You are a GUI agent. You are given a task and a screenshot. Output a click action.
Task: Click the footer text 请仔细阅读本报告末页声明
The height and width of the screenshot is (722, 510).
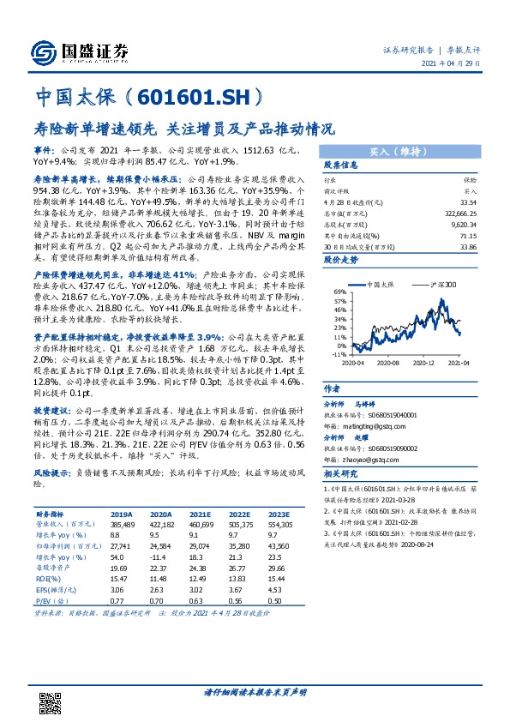[x=255, y=691]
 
